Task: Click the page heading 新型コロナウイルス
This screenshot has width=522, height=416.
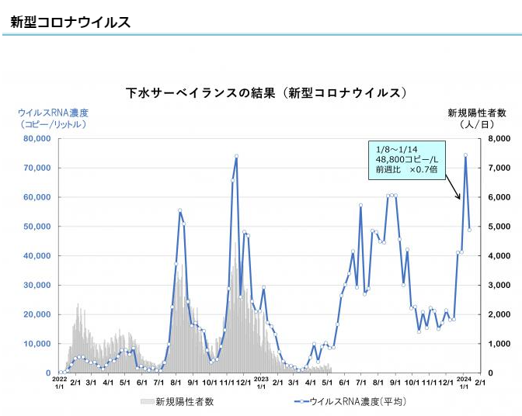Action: coord(70,22)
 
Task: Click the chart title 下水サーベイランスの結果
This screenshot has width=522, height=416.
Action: coord(266,93)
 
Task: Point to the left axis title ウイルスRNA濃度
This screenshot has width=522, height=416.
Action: coord(53,113)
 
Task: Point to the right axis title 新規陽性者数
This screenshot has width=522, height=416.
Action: coord(477,113)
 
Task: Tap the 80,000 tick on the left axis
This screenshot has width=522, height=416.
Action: coord(37,139)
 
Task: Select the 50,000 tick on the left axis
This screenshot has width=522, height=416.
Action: coord(37,227)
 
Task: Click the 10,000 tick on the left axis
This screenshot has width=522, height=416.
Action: coord(37,344)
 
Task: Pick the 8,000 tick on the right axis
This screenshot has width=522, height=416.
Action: coord(497,139)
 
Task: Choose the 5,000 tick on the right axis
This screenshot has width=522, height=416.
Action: coord(497,227)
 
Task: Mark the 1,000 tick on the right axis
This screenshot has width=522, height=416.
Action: coord(497,344)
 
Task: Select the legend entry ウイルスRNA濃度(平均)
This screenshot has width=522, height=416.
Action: coord(357,401)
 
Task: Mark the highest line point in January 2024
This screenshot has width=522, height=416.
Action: coord(465,155)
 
